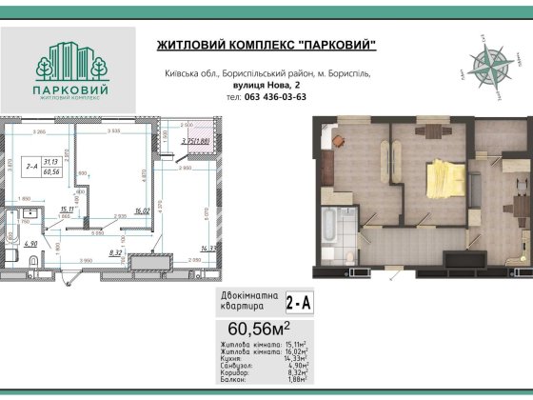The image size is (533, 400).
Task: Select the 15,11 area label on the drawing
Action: point(67,209)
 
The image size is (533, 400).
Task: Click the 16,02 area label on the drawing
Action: point(143,211)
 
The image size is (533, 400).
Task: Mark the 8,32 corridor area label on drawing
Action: point(116,252)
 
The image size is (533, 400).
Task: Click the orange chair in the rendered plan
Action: point(339,140)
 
